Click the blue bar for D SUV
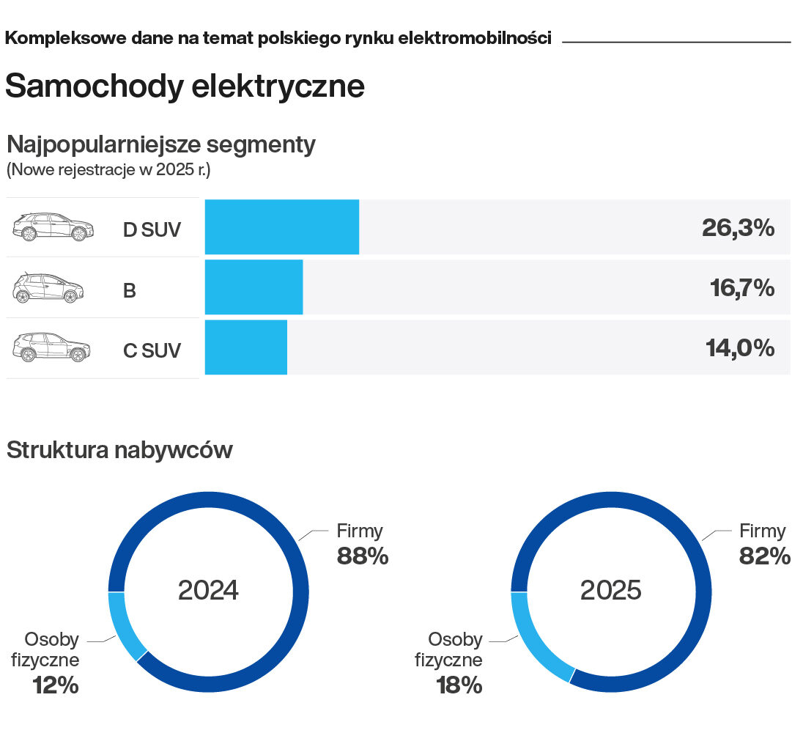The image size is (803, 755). tap(281, 227)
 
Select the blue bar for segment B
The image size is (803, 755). tap(254, 287)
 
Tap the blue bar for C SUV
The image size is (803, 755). tap(245, 347)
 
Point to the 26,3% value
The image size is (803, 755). tap(737, 228)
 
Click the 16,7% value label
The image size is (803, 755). tap(741, 288)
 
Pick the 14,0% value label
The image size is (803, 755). tap(739, 348)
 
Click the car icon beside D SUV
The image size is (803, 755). tap(53, 227)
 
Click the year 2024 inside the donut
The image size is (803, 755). tap(208, 590)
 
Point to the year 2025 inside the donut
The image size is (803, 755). tap(610, 590)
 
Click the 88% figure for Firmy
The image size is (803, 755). tap(362, 556)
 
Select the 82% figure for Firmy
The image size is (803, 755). tap(765, 556)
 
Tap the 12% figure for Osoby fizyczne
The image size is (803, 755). tap(55, 685)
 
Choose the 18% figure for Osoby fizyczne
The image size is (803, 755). tap(459, 685)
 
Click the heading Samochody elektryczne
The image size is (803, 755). tap(185, 86)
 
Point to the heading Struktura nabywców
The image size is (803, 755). tap(119, 449)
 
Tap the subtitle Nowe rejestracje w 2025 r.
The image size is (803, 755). tap(108, 171)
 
